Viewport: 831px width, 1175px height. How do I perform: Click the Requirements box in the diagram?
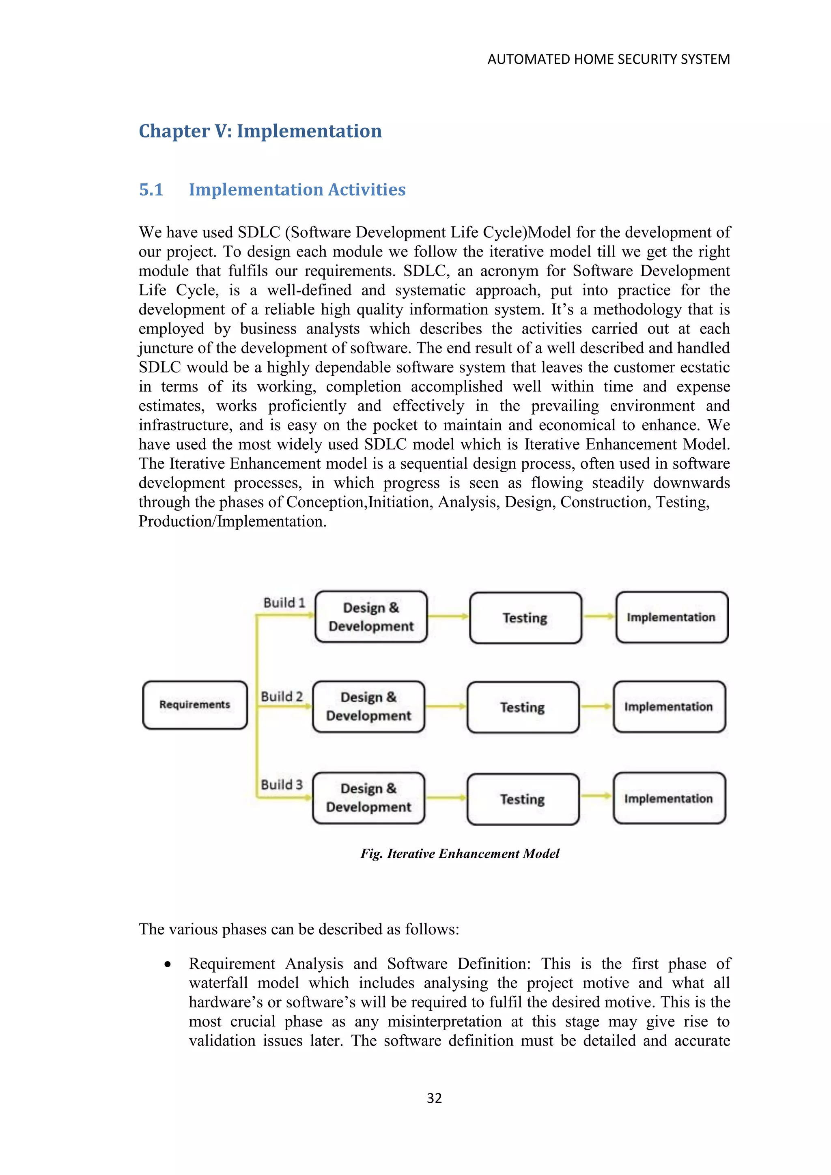[195, 705]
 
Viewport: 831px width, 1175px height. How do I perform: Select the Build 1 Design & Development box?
[371, 617]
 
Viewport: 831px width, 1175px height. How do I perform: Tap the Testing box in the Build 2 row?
[523, 707]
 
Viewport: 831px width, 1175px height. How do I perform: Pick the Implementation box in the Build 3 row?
[669, 798]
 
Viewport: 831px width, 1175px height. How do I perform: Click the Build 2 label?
[282, 697]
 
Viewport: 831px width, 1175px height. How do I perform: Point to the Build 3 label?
[282, 785]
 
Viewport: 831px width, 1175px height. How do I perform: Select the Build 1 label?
[284, 603]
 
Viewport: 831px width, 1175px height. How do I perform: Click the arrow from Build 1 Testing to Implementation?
[598, 617]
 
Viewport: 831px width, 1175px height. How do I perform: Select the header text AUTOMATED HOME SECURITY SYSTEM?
[608, 59]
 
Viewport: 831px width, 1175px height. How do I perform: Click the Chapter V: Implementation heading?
[260, 131]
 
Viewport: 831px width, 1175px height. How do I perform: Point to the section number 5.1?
[151, 190]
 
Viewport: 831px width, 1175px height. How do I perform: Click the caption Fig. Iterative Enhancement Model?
[459, 854]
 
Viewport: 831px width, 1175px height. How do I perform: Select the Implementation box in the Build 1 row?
[672, 617]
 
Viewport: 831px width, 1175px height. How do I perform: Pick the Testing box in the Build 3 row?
[523, 799]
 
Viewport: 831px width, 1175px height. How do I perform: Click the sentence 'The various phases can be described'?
[299, 929]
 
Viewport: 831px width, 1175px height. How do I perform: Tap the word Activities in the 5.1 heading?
[366, 190]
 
